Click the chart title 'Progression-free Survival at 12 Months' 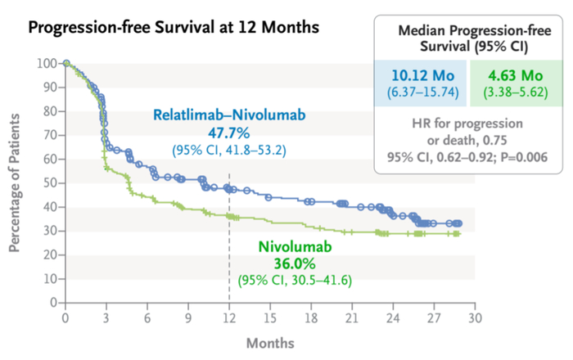click(174, 28)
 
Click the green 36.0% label click(286, 263)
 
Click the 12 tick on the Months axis click(229, 317)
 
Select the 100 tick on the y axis click(46, 63)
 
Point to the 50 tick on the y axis click(49, 182)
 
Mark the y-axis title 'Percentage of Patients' click(16, 183)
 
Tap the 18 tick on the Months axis click(311, 317)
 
